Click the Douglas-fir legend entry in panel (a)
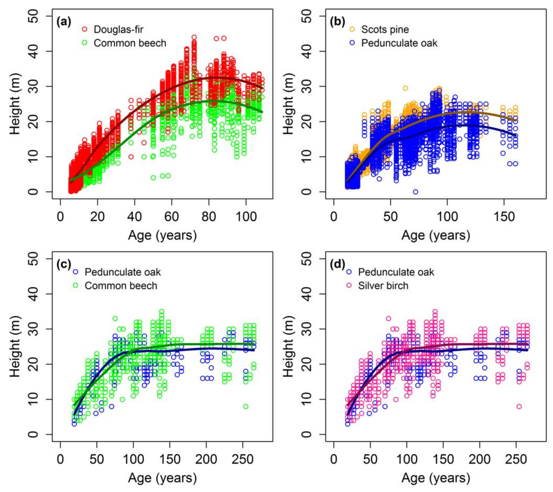pos(118,29)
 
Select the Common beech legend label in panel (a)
pos(130,43)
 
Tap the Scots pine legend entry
pos(385,29)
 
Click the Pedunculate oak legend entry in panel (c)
pos(123,272)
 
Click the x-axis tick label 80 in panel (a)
pos(209,216)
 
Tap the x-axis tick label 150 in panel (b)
pos(504,216)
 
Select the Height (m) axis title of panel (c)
pos(16,347)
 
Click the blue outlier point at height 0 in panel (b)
pos(416,192)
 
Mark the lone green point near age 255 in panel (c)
pos(246,406)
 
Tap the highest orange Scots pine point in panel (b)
pos(405,88)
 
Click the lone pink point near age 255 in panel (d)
pos(519,406)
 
